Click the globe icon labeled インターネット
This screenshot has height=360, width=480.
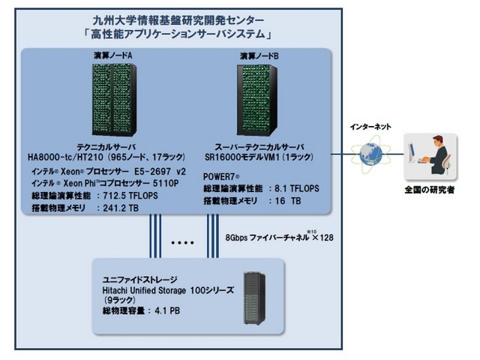(370, 154)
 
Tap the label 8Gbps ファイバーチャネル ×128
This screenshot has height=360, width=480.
(279, 236)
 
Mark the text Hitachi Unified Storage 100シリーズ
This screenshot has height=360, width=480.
(161, 288)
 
